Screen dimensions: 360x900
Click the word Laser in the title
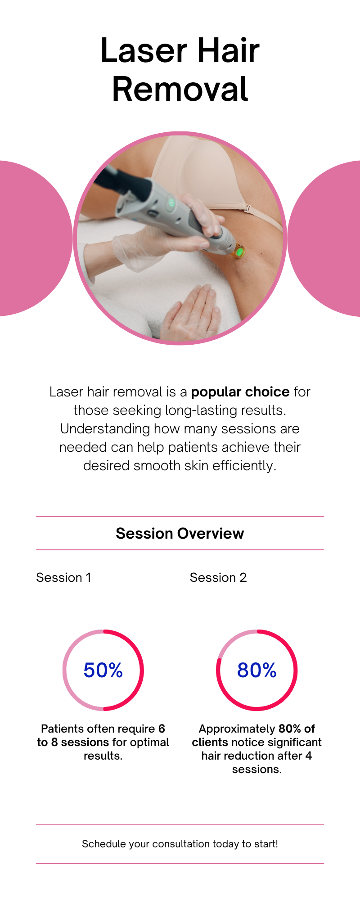pyautogui.click(x=144, y=50)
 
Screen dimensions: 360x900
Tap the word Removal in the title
pyautogui.click(x=180, y=89)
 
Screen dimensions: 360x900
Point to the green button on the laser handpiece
pyautogui.click(x=171, y=203)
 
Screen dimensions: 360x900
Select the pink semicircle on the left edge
pyautogui.click(x=36, y=238)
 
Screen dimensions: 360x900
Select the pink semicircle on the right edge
pyautogui.click(x=324, y=238)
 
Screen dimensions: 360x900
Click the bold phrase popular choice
pyautogui.click(x=240, y=392)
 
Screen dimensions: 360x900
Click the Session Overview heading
pyautogui.click(x=180, y=533)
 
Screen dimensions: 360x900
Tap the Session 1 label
pyautogui.click(x=63, y=577)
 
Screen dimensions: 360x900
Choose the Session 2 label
pyautogui.click(x=218, y=577)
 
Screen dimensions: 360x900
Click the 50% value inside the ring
pyautogui.click(x=103, y=670)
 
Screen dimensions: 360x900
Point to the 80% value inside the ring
pyautogui.click(x=257, y=670)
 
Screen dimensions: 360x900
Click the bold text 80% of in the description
pyautogui.click(x=297, y=729)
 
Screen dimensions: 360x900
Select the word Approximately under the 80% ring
pyautogui.click(x=237, y=729)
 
